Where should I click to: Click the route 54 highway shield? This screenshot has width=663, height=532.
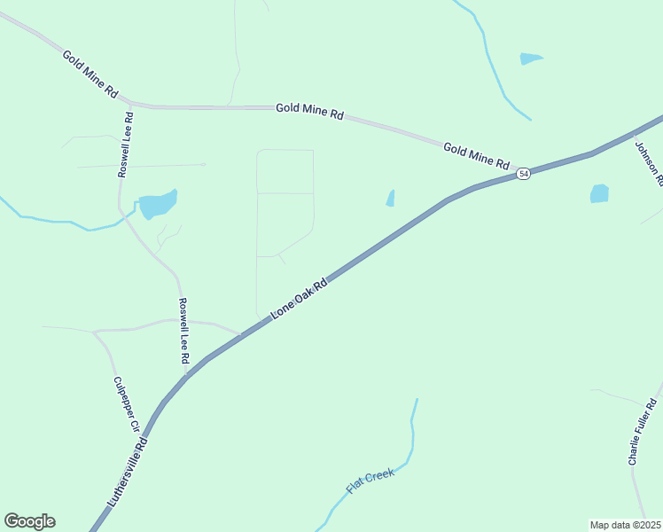click(524, 174)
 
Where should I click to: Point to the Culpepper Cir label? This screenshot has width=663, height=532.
click(126, 404)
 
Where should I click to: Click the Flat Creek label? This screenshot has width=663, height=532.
click(370, 481)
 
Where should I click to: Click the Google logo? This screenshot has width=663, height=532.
click(29, 521)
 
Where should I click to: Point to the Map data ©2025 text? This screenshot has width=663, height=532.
click(625, 525)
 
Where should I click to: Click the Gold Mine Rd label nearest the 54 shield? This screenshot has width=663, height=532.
click(477, 156)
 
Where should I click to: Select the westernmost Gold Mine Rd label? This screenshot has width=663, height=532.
click(90, 73)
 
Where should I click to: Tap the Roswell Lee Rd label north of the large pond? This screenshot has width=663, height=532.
click(126, 144)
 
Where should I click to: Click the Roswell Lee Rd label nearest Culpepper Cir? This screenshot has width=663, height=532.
click(183, 332)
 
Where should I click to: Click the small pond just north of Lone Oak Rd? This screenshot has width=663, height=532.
click(390, 199)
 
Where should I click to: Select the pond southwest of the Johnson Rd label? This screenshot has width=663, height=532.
click(599, 193)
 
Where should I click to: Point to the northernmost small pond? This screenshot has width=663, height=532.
click(530, 59)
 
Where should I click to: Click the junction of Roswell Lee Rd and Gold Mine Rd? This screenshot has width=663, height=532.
click(130, 103)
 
